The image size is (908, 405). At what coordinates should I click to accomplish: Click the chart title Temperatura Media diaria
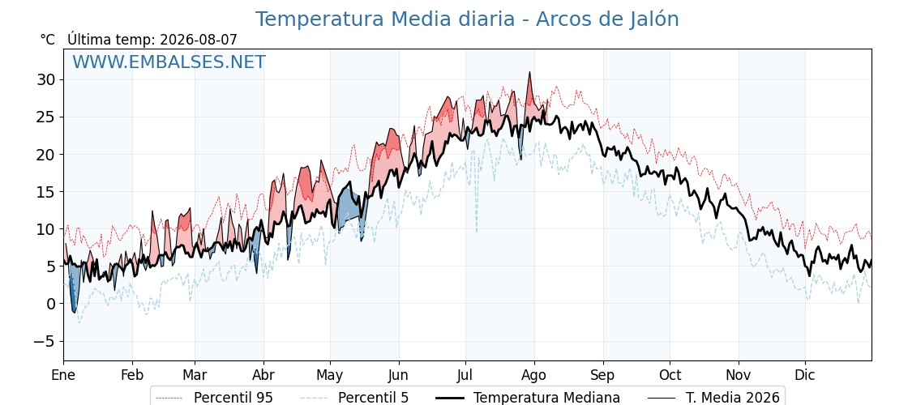[384, 19]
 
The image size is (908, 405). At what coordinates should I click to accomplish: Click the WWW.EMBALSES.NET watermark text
[169, 62]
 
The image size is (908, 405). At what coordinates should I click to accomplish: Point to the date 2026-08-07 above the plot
[199, 40]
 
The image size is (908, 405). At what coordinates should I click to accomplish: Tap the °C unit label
[48, 40]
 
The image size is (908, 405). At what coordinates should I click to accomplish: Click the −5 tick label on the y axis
[43, 341]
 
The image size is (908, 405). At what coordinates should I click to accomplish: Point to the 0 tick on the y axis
[52, 304]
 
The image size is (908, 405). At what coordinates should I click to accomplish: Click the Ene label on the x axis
[64, 376]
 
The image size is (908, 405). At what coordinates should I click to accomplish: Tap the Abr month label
[263, 376]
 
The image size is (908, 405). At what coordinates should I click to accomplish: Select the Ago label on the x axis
[534, 376]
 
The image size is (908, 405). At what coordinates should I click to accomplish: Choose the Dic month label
[805, 376]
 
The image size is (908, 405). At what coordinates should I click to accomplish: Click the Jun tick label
[398, 376]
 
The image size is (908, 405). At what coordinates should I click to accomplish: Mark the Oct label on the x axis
[670, 376]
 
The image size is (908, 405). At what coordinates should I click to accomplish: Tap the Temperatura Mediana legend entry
[527, 398]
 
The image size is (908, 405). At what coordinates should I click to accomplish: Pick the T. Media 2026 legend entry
[713, 398]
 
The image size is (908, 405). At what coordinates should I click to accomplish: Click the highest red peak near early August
[529, 73]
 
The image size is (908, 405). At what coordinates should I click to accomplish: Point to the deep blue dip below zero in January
[74, 311]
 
